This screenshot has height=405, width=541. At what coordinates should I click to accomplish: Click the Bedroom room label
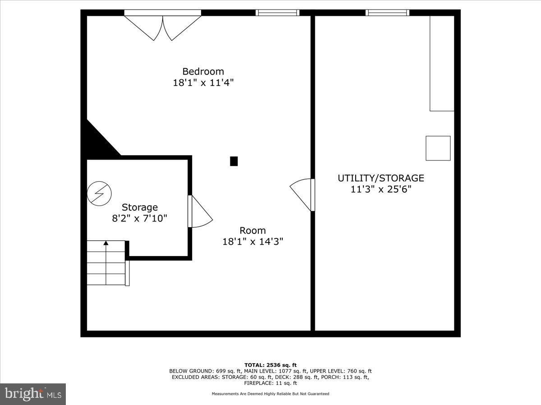click(x=203, y=71)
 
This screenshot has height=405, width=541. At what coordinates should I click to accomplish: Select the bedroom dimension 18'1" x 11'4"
click(x=203, y=83)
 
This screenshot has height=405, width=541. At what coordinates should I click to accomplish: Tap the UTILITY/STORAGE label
click(x=381, y=178)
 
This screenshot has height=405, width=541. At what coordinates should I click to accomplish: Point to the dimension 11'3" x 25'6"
click(x=381, y=189)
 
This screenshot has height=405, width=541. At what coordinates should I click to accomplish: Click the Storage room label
click(x=140, y=207)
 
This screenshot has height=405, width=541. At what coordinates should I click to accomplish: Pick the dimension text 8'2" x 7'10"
click(x=140, y=219)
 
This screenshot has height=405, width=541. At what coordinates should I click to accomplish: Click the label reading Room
click(x=252, y=230)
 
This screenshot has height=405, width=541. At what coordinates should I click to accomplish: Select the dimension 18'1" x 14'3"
click(x=252, y=242)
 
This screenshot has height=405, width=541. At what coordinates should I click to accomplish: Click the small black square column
click(x=234, y=161)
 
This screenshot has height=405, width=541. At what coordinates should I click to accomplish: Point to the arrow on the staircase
click(x=106, y=243)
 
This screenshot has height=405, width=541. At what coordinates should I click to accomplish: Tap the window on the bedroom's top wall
click(x=277, y=13)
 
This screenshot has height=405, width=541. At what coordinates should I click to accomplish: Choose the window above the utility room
click(x=387, y=13)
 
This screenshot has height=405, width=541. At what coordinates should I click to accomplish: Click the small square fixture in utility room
click(x=438, y=148)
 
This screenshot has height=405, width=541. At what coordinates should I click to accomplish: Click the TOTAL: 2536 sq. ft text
click(x=270, y=365)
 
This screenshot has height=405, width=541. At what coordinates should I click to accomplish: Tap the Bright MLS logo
click(x=33, y=394)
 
